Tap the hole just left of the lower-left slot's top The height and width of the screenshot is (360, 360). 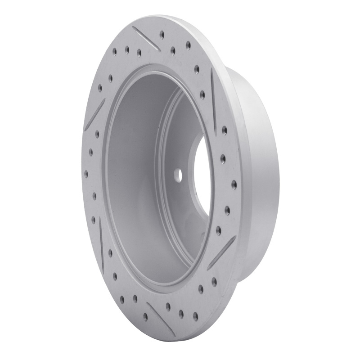(x=94, y=219)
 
